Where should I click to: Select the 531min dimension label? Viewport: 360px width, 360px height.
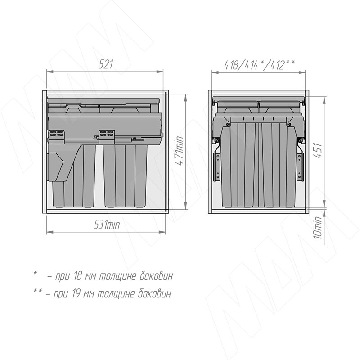tap(107, 225)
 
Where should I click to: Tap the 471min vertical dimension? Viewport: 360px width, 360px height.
tap(179, 150)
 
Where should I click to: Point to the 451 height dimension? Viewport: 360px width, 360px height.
tap(318, 150)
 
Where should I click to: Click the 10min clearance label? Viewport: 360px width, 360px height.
tap(318, 228)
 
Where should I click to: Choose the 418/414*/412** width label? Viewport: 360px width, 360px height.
tap(259, 64)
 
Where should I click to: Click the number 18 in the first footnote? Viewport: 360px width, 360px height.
tap(77, 276)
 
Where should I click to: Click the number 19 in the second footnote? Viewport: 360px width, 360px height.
tap(76, 294)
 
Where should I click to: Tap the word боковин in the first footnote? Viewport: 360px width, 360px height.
tap(156, 276)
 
